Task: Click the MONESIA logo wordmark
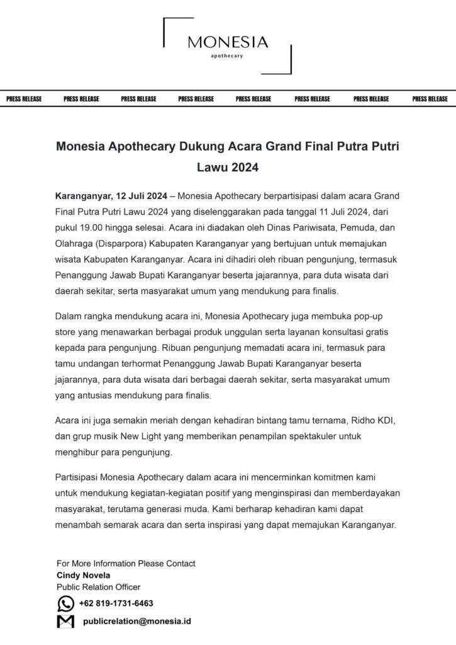click(x=228, y=42)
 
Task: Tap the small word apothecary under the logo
click(x=228, y=56)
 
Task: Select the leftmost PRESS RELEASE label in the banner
click(x=24, y=99)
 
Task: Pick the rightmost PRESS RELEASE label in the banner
click(x=430, y=99)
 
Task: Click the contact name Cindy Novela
click(x=83, y=575)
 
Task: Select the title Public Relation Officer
click(x=98, y=587)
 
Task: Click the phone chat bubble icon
click(x=65, y=604)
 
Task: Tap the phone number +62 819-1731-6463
click(x=116, y=603)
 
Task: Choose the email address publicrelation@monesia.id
click(x=137, y=621)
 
